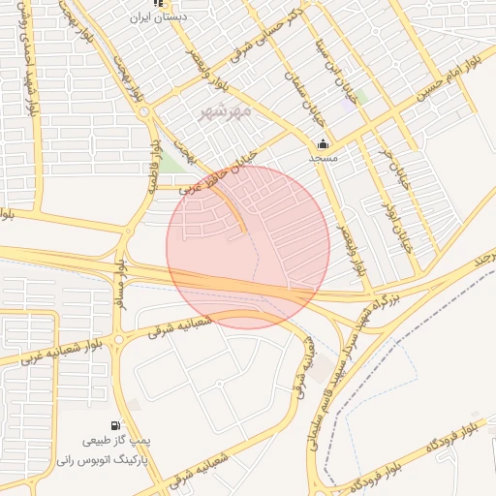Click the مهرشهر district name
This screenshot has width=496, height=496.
[225, 111]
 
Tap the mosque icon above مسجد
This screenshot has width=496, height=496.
[323, 143]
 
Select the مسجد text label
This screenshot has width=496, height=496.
[322, 157]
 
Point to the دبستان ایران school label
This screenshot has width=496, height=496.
[163, 16]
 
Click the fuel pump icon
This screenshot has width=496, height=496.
[116, 425]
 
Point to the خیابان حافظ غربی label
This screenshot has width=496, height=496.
[225, 166]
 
